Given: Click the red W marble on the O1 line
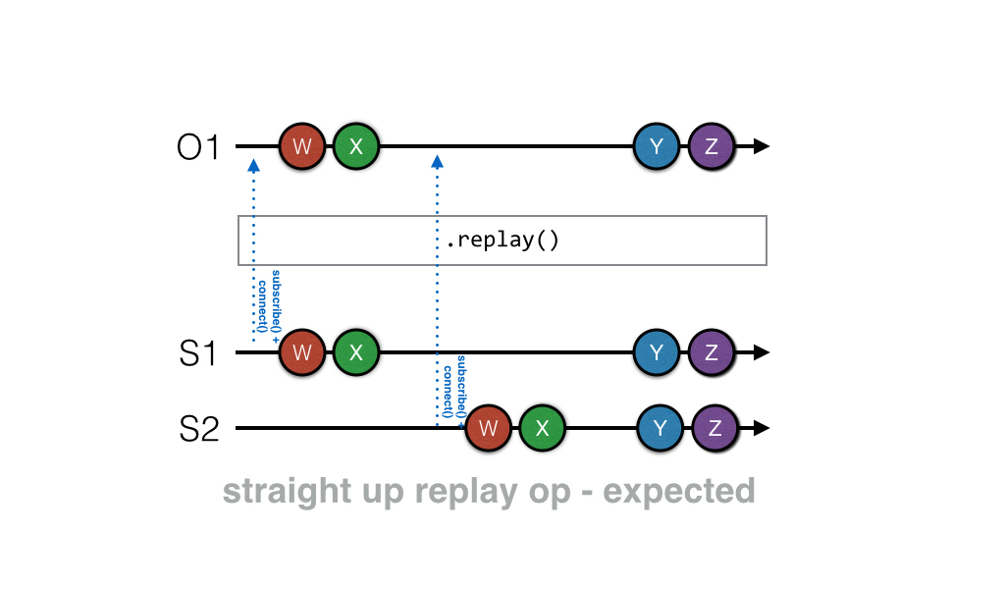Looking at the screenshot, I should point(303,147).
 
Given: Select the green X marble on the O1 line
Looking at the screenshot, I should point(356,147).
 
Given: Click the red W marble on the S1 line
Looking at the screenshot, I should point(303,352).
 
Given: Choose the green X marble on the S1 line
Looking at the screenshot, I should point(356,352).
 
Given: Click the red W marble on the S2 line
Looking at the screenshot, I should point(489,428).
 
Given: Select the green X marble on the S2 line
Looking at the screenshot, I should point(543,428).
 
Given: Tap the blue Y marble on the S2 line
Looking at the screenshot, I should point(661,428).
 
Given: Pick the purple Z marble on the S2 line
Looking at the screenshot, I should point(715,428).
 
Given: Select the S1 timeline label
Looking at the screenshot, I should point(199,353).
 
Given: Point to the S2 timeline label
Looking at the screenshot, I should point(199,430).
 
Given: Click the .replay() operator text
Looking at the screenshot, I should point(502,241).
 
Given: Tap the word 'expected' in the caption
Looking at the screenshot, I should point(679,490).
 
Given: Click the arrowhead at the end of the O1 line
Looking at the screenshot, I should point(761,147).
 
